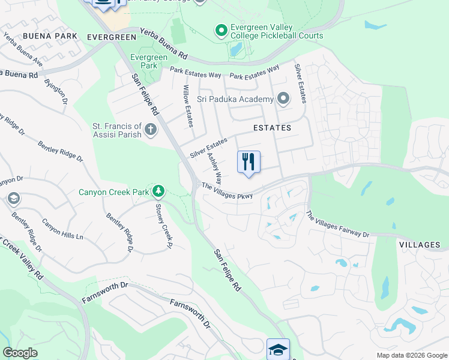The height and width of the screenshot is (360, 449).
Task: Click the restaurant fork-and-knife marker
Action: pos(249,161)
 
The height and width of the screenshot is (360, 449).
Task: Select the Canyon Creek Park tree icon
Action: pos(158,192)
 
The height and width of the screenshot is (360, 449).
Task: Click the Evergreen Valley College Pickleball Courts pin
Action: pos(221,29)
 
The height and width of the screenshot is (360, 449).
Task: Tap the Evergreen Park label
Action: pos(144,61)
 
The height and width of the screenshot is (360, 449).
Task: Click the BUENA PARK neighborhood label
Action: pos(50,36)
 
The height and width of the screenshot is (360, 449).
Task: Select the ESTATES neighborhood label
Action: pos(272,128)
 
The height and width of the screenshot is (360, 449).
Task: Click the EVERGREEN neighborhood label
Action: pos(112,37)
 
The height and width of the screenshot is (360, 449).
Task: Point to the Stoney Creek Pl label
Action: pos(164,226)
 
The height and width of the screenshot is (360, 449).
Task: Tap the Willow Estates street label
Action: pos(187,106)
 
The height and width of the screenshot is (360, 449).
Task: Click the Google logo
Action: pos(20,353)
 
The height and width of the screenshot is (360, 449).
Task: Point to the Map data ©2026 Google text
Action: pos(412,355)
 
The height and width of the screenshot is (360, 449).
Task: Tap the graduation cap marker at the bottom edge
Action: pos(278,349)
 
